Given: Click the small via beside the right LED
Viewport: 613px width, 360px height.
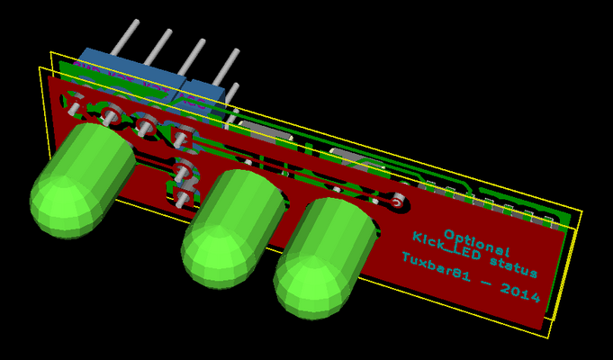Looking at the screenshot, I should coord(397,202).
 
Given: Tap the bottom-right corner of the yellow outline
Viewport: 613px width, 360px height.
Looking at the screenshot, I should coord(548,337).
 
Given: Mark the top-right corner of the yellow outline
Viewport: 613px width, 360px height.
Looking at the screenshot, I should coord(581,212).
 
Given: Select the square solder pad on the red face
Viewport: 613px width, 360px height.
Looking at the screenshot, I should coord(185,138).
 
